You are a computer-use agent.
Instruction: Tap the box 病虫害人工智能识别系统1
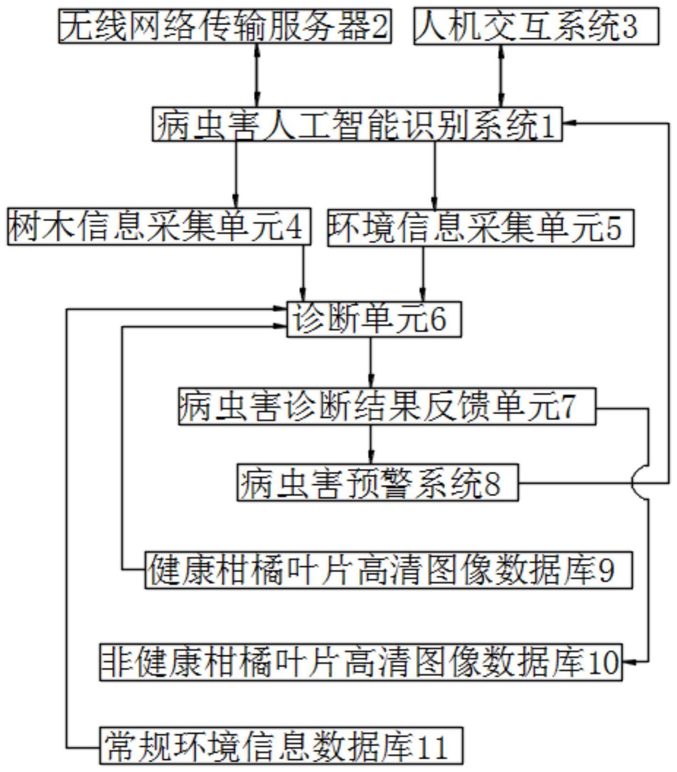tap(357, 125)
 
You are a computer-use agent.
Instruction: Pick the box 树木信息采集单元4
tap(159, 227)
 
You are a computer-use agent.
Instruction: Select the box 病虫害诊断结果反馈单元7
tap(387, 407)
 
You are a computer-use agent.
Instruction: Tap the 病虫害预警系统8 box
tap(378, 483)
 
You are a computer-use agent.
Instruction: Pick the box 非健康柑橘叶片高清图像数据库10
tap(361, 662)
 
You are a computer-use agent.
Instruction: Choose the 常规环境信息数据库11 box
tap(281, 746)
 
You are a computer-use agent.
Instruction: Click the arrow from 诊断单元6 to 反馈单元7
tap(371, 362)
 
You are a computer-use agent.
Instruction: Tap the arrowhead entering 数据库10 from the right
tap(629, 662)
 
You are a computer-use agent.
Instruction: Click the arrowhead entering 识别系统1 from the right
tap(570, 123)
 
